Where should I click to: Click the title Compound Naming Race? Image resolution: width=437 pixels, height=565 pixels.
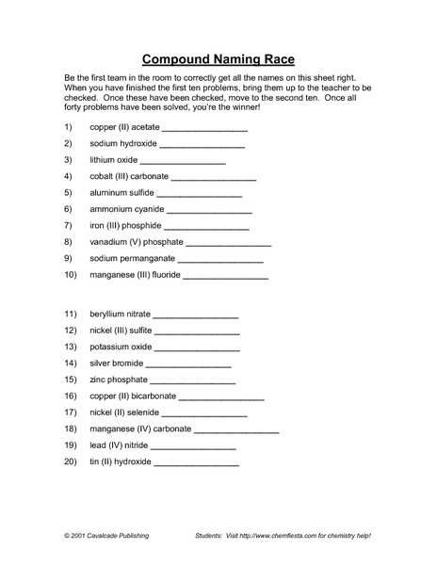coord(218,56)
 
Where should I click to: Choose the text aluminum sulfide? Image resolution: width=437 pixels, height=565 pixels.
coord(122,193)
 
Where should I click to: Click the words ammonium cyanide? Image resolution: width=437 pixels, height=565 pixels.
coord(126,209)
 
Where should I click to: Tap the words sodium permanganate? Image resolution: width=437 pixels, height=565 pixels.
coord(132,258)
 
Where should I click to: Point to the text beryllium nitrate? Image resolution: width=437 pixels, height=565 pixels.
coord(120,315)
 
